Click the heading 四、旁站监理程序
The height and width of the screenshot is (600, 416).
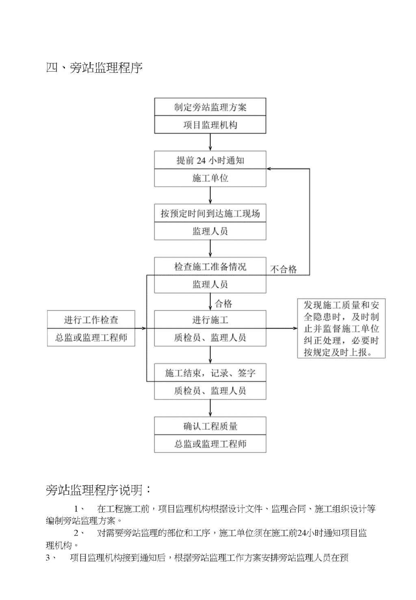(x=94, y=68)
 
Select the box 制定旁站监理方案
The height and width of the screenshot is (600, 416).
(x=210, y=107)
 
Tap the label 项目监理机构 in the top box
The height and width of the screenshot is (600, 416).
(x=210, y=125)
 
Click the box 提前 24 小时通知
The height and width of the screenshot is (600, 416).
(x=210, y=160)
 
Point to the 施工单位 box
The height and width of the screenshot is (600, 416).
(x=210, y=178)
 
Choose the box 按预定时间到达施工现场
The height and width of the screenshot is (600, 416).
(x=210, y=213)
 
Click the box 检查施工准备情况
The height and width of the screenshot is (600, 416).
(x=210, y=266)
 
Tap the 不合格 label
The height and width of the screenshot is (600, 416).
(x=284, y=269)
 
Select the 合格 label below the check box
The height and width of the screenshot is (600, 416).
(x=223, y=304)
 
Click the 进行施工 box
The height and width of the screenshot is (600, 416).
(x=210, y=320)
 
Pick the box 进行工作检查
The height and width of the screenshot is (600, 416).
(x=91, y=320)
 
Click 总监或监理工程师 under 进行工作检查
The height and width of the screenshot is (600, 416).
(x=91, y=337)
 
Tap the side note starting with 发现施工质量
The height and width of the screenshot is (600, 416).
(x=341, y=328)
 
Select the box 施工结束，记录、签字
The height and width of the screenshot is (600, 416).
(x=210, y=373)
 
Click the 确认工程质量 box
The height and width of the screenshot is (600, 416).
(x=210, y=426)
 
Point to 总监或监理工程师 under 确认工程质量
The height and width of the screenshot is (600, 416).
(x=210, y=444)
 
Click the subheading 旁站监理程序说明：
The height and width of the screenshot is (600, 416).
(x=98, y=490)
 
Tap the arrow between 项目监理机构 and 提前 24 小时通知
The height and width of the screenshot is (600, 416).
(x=210, y=142)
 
